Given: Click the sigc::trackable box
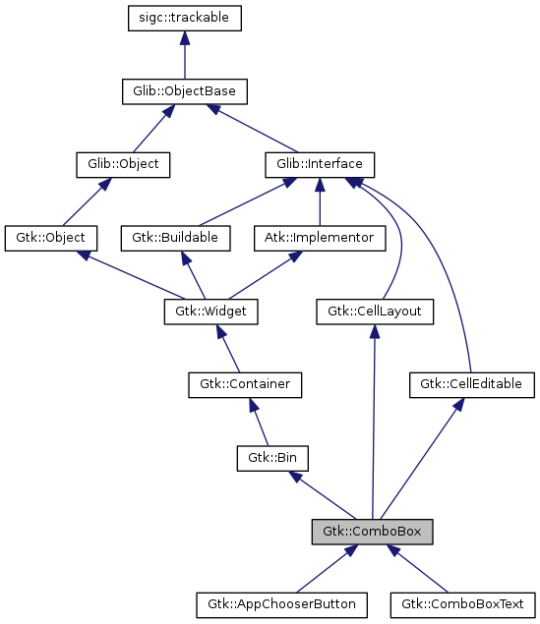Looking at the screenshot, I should (x=185, y=19).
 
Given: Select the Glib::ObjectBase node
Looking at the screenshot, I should (x=184, y=91).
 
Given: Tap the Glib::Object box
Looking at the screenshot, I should (x=123, y=164).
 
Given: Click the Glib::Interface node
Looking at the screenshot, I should (x=319, y=164).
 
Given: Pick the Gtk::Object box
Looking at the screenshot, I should (x=51, y=238).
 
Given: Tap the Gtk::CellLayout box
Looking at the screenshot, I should (x=375, y=312).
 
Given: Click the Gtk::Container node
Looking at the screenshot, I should (x=245, y=384).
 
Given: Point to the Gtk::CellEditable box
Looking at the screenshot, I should (x=471, y=384).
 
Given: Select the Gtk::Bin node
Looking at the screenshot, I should (x=273, y=458).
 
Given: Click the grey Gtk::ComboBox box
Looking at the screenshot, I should (x=373, y=532).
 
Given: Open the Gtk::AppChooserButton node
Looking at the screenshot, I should (x=281, y=603).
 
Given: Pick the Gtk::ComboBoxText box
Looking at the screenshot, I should (x=463, y=603).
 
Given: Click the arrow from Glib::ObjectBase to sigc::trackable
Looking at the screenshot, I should (x=185, y=55).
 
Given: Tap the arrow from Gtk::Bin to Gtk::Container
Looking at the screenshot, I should (x=260, y=422).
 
